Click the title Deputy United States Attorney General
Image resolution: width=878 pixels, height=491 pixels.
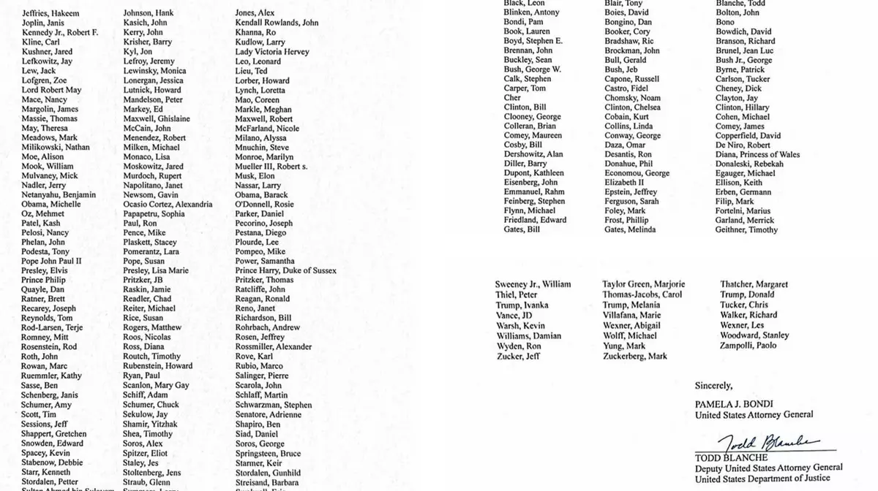point(768,468)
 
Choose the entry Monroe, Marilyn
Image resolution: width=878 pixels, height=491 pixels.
point(264,157)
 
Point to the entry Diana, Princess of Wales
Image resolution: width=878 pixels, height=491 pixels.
point(757,155)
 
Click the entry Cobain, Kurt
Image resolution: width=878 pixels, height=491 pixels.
point(627,117)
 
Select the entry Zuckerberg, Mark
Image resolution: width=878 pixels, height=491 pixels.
point(635,357)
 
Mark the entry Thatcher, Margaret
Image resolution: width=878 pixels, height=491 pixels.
point(754,284)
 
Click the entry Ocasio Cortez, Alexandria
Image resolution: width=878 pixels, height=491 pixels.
point(168,205)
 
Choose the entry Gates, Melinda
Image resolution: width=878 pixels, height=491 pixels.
point(630,230)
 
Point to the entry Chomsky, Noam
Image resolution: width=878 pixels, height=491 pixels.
point(632,98)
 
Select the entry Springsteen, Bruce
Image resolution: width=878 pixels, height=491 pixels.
point(269,433)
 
